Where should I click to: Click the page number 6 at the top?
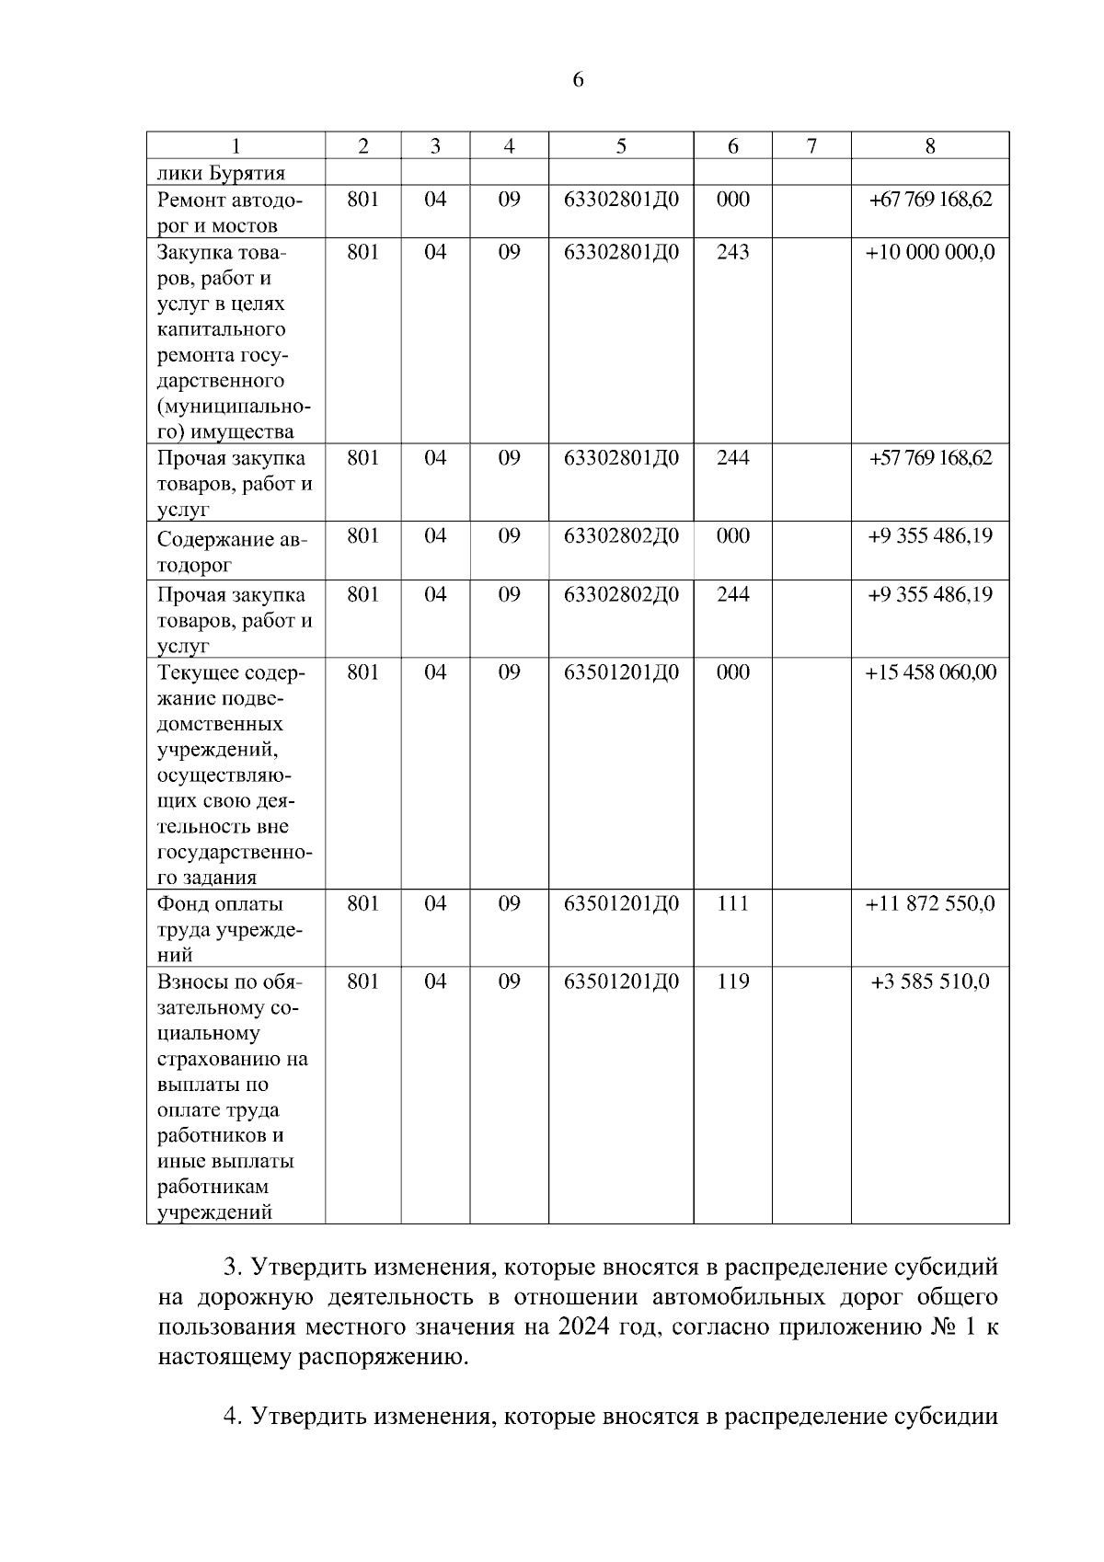pyautogui.click(x=578, y=80)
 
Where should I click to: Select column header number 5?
pyautogui.click(x=621, y=146)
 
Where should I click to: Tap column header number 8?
pyautogui.click(x=930, y=146)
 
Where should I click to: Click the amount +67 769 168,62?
pyautogui.click(x=930, y=200)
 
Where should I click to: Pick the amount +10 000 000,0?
pyautogui.click(x=930, y=252)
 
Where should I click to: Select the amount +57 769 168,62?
pyautogui.click(x=930, y=458)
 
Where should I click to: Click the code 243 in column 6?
pyautogui.click(x=732, y=252)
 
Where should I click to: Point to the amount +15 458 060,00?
pyautogui.click(x=930, y=672)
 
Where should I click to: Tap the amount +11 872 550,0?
pyautogui.click(x=930, y=904)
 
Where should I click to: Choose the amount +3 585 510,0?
pyautogui.click(x=930, y=982)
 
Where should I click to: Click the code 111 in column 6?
pyautogui.click(x=732, y=904)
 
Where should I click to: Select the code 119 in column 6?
pyautogui.click(x=732, y=982)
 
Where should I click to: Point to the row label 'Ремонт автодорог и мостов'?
pyautogui.click(x=230, y=212)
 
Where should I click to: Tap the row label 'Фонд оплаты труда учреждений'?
pyautogui.click(x=230, y=929)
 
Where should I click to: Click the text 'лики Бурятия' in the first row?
pyautogui.click(x=221, y=173)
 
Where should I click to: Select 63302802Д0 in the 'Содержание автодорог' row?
pyautogui.click(x=621, y=536)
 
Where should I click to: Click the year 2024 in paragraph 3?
pyautogui.click(x=580, y=1327)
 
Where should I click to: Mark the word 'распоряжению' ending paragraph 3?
pyautogui.click(x=385, y=1357)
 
